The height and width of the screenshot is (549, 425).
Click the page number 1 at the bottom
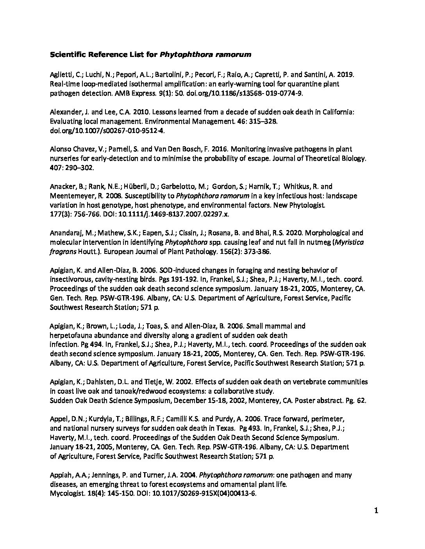tap(377, 511)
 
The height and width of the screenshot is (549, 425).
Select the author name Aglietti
tap(61, 74)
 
